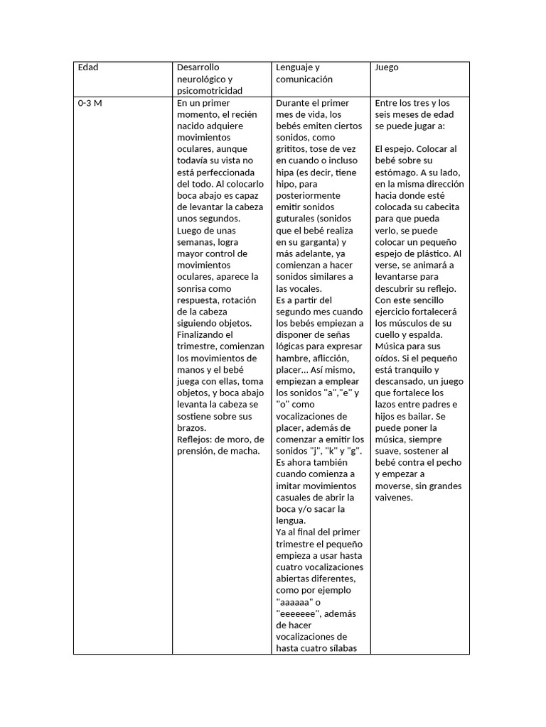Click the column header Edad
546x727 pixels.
[x=88, y=67]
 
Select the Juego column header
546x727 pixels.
[x=387, y=67]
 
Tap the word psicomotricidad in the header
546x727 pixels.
[x=210, y=91]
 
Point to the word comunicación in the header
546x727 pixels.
[x=304, y=80]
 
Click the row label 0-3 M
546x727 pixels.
[x=90, y=103]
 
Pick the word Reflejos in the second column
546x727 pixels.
[x=195, y=439]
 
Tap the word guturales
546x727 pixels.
[x=295, y=219]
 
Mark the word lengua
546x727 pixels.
[x=291, y=520]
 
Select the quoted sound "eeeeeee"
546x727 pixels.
[x=299, y=613]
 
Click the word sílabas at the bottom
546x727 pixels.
[x=340, y=647]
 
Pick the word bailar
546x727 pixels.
[x=430, y=416]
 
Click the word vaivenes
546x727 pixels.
[x=394, y=497]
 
